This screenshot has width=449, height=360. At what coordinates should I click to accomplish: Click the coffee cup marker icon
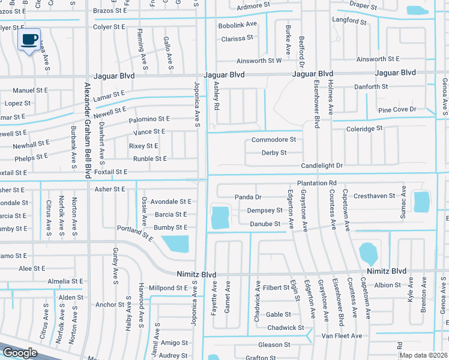(x=29, y=40)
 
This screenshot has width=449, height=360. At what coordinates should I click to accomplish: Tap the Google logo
(x=20, y=353)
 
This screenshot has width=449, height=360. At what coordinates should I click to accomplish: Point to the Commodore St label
(x=274, y=140)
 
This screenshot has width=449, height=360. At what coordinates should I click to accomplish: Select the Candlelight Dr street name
(x=322, y=166)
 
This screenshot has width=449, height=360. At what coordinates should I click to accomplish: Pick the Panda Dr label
(x=248, y=197)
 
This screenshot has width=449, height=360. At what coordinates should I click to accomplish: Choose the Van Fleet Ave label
(x=342, y=336)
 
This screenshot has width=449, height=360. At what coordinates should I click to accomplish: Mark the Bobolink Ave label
(x=237, y=25)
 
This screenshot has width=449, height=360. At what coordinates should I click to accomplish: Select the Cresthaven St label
(x=375, y=196)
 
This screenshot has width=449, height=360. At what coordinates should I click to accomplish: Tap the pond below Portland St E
(x=175, y=244)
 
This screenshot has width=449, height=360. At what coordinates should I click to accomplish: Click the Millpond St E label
(x=169, y=289)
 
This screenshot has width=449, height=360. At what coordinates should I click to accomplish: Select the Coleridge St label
(x=364, y=129)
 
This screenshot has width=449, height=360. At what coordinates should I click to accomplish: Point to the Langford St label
(x=349, y=21)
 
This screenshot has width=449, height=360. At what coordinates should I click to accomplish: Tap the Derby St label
(x=274, y=153)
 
